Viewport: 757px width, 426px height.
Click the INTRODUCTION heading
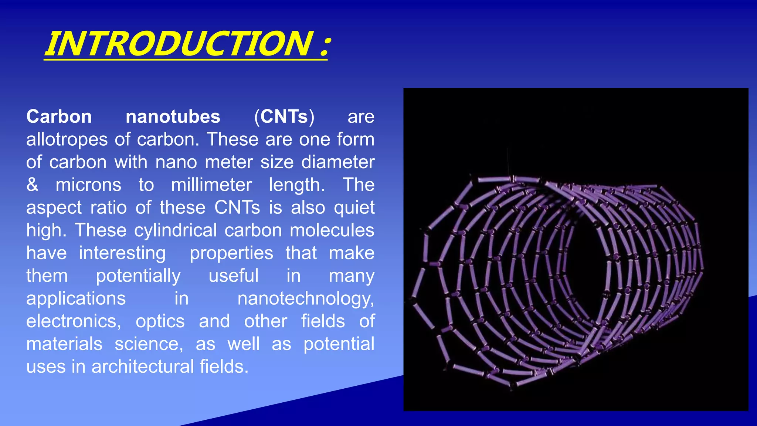pos(179,44)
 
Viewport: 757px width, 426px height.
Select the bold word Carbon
pos(59,117)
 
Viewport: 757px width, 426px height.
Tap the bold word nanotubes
pos(173,117)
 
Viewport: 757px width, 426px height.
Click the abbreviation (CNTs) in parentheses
pos(284,117)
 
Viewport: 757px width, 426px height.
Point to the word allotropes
pos(67,140)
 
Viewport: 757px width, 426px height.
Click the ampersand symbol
pos(32,185)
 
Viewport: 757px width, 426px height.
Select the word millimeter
pos(211,185)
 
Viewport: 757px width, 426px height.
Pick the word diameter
pos(338,162)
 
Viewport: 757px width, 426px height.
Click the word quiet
pos(354,208)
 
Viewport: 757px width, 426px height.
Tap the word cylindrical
pos(175,230)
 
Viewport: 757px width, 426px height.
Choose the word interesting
pos(122,253)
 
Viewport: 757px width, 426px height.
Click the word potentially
pos(138,276)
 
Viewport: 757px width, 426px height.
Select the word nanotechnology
pos(305,299)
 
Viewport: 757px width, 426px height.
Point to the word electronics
pos(73,321)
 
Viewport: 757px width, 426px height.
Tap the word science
pos(149,344)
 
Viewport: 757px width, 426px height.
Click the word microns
pos(88,185)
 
